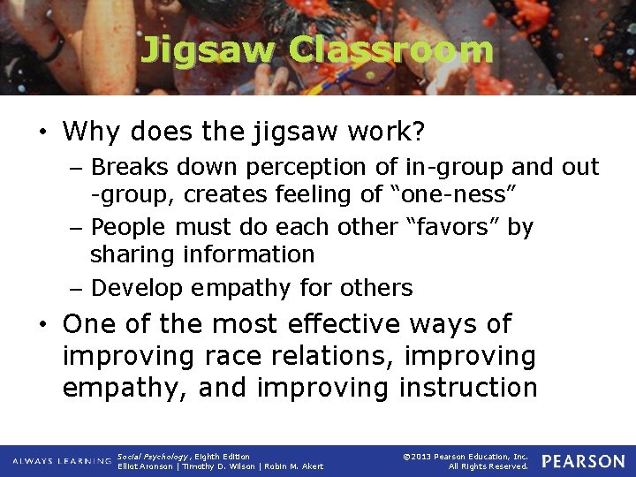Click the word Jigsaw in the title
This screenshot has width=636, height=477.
[x=208, y=50]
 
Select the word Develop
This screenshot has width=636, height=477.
[x=135, y=288]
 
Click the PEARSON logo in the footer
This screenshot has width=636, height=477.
[x=582, y=461]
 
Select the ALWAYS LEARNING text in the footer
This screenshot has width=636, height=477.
[x=62, y=461]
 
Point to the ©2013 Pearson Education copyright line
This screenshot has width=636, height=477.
[x=465, y=457]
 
